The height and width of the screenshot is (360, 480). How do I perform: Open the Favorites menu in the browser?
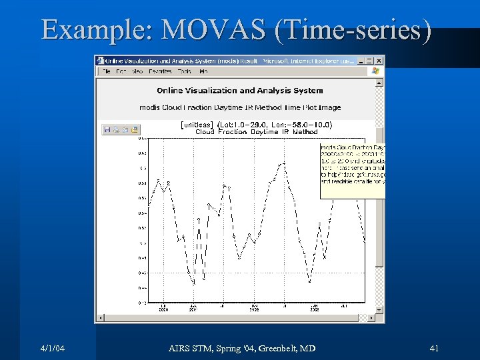[x=161, y=71]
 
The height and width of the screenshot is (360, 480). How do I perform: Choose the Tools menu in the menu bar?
[x=184, y=71]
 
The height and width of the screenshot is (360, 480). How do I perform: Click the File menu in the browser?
[x=105, y=71]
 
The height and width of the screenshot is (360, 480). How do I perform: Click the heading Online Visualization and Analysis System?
[x=239, y=91]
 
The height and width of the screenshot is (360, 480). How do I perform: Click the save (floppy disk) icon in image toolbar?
[x=107, y=130]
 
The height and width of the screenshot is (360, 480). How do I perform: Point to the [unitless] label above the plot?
[x=197, y=125]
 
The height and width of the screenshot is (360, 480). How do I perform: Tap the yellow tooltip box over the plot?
[x=352, y=170]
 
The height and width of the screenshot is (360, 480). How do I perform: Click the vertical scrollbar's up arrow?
[x=380, y=83]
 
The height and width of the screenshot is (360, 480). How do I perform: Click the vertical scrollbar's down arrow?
[x=380, y=310]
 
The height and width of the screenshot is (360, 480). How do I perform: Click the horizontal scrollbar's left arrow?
[x=100, y=319]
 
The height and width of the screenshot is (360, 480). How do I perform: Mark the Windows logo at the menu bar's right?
[x=375, y=71]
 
